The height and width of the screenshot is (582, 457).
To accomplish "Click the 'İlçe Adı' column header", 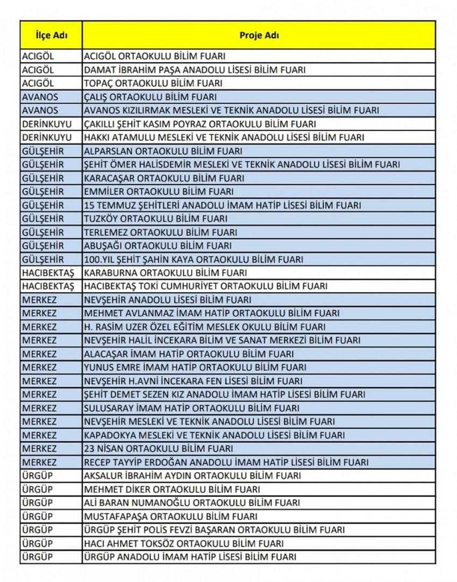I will pos(51,36).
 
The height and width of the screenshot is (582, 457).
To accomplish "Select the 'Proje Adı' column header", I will pos(259,36).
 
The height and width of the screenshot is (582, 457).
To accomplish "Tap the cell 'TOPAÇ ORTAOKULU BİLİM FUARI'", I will pos(153,83).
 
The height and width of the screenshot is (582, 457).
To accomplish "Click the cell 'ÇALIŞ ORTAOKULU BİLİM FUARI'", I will pos(151,97).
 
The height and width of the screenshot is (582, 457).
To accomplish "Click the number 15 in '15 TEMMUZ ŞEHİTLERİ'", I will pos(89,205).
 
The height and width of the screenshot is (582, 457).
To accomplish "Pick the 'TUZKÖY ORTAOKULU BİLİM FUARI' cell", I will pos(156,219).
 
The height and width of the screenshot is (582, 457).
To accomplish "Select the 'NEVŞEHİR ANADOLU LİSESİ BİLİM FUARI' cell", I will pos(175,300).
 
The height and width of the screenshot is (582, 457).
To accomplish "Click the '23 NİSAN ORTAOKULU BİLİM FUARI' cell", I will pos(159,449).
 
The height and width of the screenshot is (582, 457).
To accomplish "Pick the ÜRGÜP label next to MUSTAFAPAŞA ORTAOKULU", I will pos(38,516).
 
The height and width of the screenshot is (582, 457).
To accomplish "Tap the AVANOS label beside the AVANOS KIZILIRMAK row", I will pos(40,110).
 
